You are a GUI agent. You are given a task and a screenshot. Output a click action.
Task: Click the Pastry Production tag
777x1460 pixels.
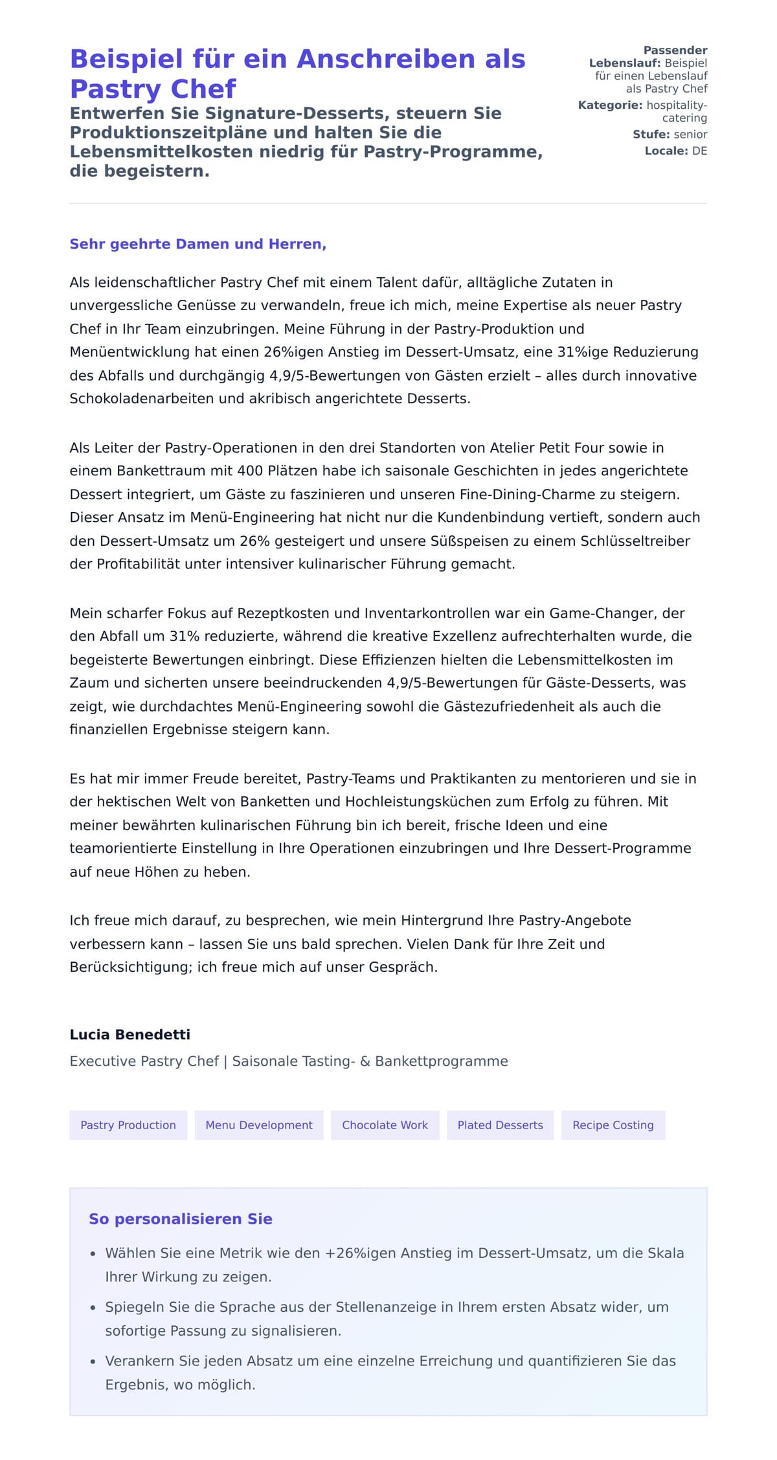tap(128, 1125)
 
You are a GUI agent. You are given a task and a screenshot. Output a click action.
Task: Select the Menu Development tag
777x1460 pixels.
tap(259, 1125)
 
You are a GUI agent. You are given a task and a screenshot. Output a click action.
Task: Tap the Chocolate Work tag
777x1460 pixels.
tap(385, 1125)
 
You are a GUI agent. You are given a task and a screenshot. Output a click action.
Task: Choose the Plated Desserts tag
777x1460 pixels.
tap(500, 1125)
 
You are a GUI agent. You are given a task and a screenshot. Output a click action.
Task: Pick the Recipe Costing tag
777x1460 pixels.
tap(613, 1125)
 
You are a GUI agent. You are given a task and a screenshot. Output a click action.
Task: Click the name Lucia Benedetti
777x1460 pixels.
tap(130, 1034)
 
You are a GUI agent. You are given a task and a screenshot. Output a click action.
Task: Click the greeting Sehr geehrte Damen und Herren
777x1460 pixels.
tap(197, 244)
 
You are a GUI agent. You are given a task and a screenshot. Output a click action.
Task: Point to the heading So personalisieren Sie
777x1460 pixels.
tap(181, 1219)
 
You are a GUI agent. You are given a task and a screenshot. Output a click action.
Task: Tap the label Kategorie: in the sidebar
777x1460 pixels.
tap(610, 105)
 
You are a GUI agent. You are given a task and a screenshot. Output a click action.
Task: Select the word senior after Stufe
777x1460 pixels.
tap(690, 134)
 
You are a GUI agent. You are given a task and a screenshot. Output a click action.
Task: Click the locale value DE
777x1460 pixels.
tap(699, 151)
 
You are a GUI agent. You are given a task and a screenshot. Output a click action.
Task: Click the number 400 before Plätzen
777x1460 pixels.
tap(250, 471)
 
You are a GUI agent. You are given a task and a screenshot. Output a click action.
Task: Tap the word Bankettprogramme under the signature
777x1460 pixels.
tap(442, 1061)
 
